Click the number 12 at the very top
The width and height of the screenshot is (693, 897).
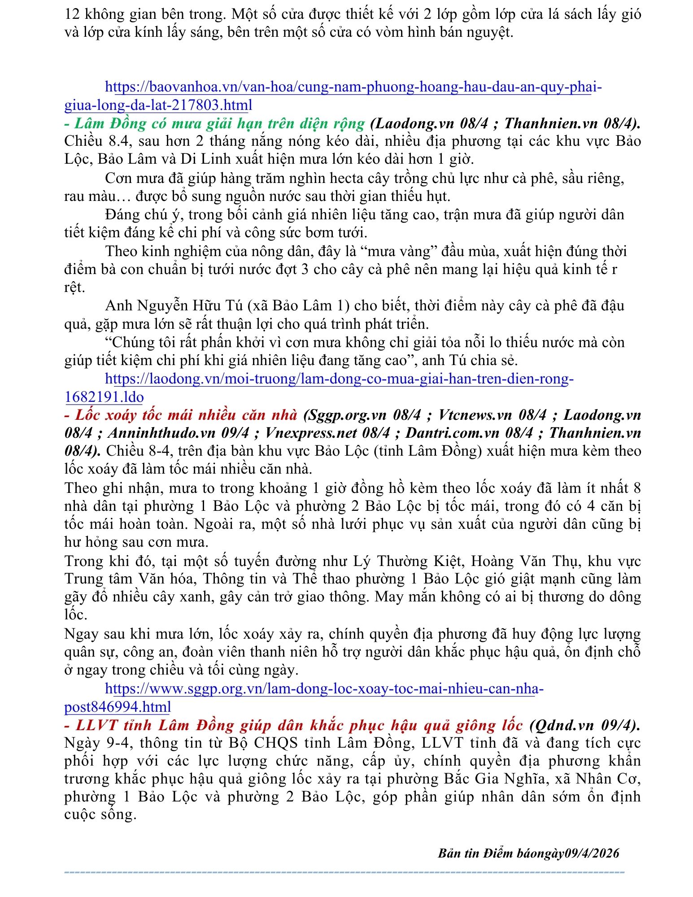click(72, 14)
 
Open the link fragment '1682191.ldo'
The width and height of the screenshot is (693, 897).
click(104, 397)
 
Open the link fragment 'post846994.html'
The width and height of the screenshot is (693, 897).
click(118, 707)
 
